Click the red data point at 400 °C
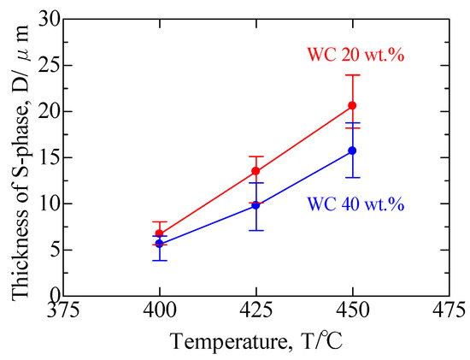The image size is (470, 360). point(159,233)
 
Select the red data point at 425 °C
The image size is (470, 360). point(256,171)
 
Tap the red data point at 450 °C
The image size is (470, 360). point(352,105)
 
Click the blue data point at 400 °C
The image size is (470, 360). point(159,244)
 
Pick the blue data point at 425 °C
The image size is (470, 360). point(256,205)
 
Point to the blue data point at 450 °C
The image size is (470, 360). point(352,150)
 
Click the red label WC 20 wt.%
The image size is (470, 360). point(355,57)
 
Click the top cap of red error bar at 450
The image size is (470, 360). point(352,75)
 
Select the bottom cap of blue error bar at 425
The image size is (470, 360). point(256,230)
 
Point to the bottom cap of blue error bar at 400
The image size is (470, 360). point(159,260)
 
